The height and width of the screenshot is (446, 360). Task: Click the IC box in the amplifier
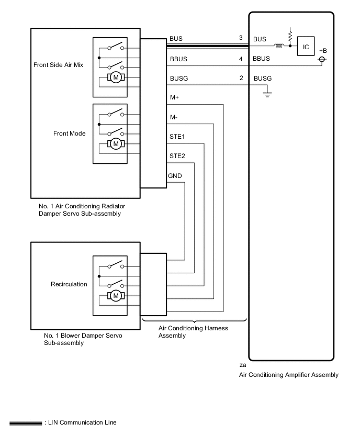click(307, 46)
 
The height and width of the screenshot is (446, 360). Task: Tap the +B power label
click(323, 50)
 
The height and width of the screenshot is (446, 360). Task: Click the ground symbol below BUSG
click(267, 95)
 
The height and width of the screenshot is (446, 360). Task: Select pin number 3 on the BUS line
click(241, 38)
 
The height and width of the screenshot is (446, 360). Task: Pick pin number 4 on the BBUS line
click(241, 59)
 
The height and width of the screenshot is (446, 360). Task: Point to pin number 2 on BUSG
click(241, 78)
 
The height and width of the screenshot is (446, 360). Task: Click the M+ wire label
click(175, 97)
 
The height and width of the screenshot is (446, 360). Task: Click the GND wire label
click(175, 175)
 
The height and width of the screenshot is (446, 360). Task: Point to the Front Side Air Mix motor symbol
click(115, 78)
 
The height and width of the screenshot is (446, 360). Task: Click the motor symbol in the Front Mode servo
click(115, 143)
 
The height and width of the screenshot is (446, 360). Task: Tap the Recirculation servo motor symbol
click(115, 296)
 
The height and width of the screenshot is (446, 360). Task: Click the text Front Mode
click(70, 133)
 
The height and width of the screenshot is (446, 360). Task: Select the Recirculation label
click(69, 284)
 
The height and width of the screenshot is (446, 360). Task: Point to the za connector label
click(242, 365)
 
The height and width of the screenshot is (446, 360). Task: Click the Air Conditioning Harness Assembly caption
click(193, 332)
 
